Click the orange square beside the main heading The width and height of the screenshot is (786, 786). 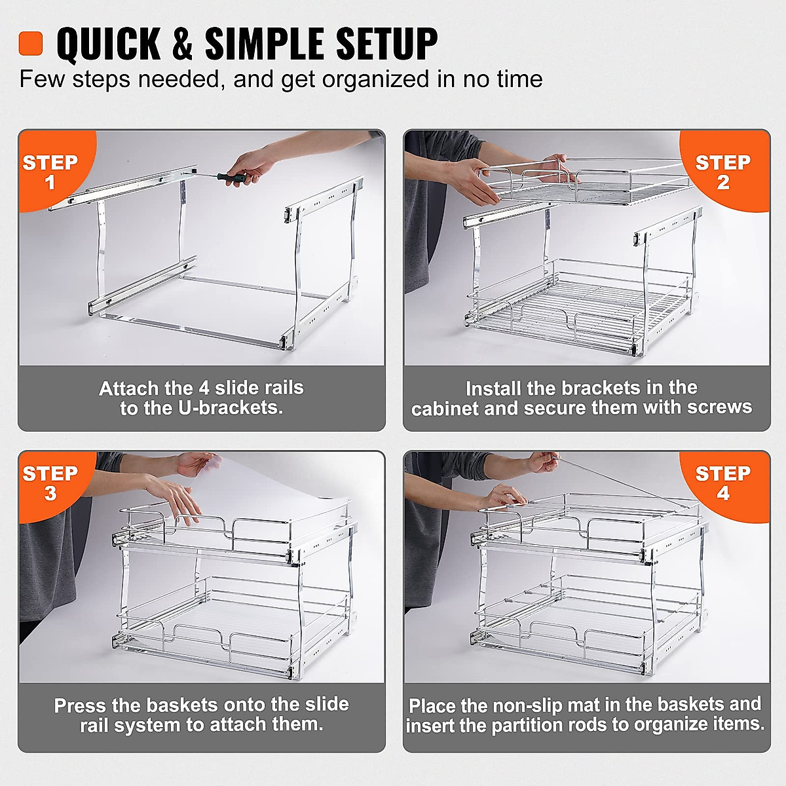tap(31, 43)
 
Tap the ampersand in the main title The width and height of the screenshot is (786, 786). tap(182, 44)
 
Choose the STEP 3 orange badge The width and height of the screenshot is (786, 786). tap(50, 483)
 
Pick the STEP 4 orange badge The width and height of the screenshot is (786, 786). tap(723, 483)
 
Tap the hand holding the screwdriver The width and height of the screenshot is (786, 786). tap(252, 164)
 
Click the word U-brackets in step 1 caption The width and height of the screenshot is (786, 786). tap(230, 408)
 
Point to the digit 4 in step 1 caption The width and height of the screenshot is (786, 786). tap(204, 388)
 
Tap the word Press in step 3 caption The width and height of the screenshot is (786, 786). tap(80, 705)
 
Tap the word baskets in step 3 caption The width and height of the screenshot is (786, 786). tap(182, 705)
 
